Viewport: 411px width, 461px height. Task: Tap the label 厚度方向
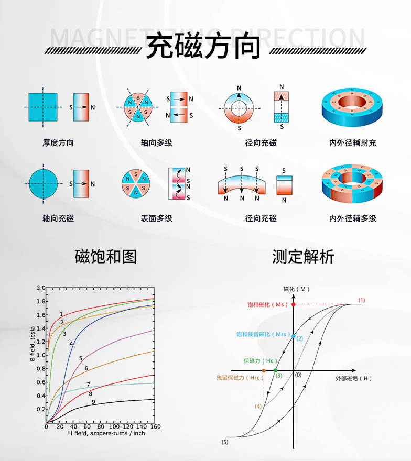(58, 142)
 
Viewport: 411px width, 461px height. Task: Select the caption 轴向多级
(156, 142)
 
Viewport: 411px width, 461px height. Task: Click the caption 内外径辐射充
(352, 142)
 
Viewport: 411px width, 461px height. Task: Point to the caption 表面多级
(156, 218)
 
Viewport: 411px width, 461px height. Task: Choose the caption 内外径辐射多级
(352, 218)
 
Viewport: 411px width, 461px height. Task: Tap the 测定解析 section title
(303, 257)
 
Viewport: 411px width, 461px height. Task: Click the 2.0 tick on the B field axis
(40, 288)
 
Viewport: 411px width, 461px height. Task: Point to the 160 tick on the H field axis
(154, 427)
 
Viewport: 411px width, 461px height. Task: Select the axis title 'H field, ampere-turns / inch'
(106, 433)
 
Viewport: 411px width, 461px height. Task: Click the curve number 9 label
(93, 402)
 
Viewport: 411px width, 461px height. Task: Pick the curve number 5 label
(81, 358)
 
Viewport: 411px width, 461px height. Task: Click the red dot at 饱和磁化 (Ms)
(294, 304)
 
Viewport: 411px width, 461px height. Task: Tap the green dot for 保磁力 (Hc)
(276, 370)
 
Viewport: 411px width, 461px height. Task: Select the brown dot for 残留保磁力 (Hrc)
(264, 370)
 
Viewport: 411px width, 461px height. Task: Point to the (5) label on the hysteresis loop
(225, 442)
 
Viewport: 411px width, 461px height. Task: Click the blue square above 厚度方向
(42, 107)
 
